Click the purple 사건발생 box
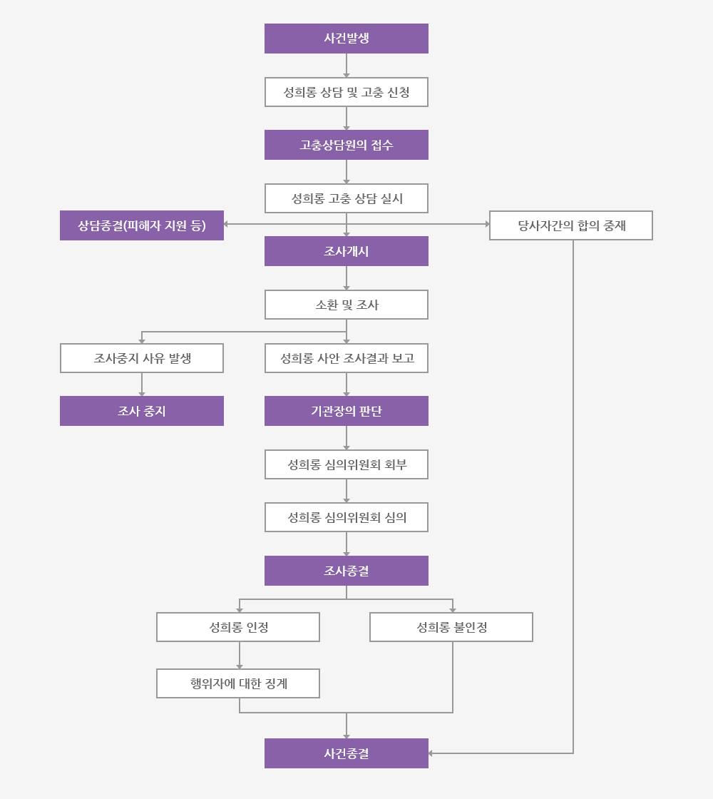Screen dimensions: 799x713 coord(347,39)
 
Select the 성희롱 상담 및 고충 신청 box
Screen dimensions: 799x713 coord(347,92)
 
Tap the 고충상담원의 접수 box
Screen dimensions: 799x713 coord(347,145)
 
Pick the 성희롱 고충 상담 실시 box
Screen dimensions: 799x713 coord(347,198)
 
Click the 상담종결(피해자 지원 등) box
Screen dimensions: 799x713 coord(142,225)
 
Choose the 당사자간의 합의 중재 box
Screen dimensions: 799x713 coord(571,225)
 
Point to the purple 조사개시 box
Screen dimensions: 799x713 coord(347,251)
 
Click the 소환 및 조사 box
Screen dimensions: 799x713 coord(347,305)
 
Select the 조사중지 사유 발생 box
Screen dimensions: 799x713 coord(142,358)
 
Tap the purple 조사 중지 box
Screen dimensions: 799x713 coord(142,411)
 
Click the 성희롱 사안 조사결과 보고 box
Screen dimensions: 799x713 coord(347,358)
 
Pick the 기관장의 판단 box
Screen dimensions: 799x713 coord(347,411)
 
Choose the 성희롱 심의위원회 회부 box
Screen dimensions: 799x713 coord(347,464)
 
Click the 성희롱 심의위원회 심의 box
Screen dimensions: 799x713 coord(347,517)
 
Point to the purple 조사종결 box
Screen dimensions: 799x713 coord(347,571)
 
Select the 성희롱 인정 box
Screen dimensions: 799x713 coord(238,627)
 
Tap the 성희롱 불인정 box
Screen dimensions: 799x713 coord(451,627)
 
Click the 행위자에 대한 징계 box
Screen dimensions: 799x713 coord(238,683)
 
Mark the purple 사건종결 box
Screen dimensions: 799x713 coord(347,753)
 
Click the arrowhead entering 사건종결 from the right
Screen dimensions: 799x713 coord(431,753)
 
